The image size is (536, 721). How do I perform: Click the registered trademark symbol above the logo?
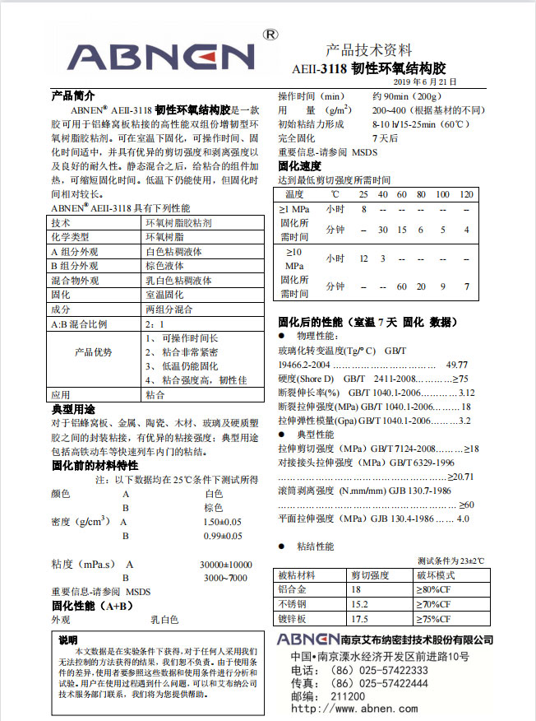269,35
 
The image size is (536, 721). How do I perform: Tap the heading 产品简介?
73,95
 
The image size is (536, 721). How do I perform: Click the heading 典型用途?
73,409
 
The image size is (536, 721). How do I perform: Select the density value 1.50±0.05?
222,522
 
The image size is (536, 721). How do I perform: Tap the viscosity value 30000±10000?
225,565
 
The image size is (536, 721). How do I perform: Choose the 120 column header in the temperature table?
466,193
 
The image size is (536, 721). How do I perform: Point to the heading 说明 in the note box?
68,640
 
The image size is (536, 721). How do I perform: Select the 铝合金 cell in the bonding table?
293,589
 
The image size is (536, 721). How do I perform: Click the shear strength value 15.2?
360,604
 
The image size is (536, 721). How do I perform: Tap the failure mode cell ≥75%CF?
437,619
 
